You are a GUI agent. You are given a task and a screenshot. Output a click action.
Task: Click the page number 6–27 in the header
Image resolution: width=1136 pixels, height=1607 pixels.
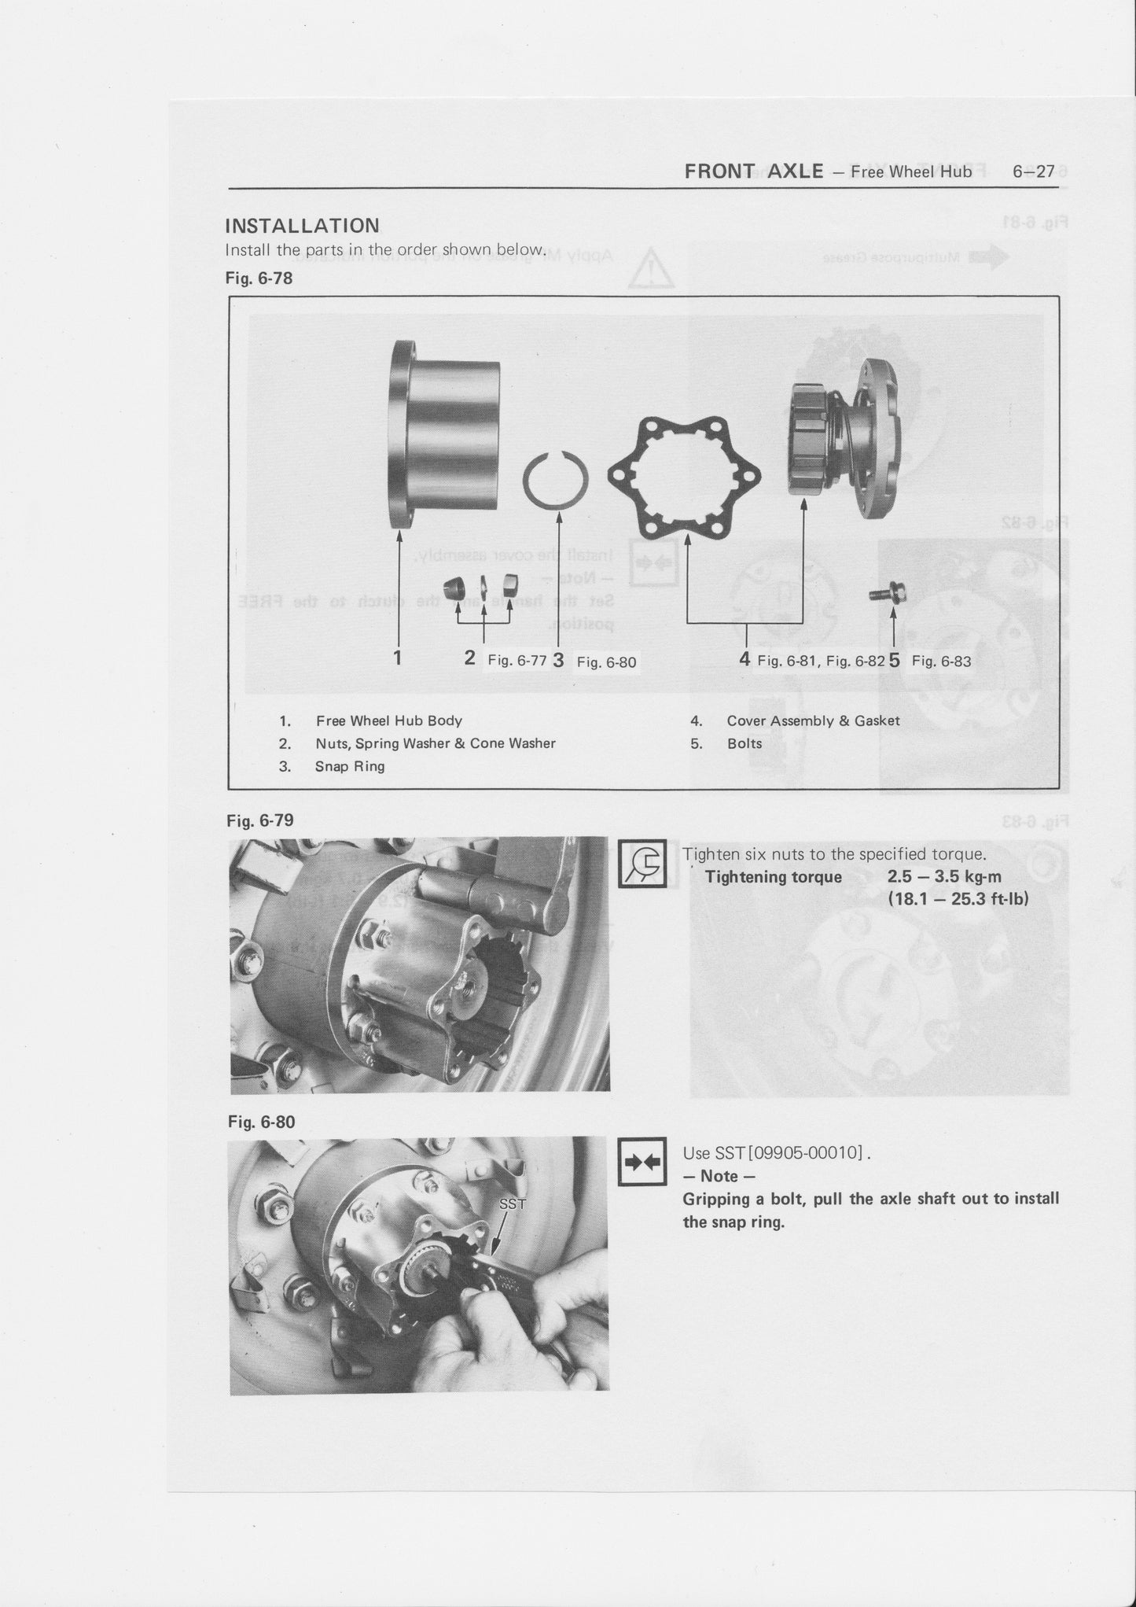(1033, 171)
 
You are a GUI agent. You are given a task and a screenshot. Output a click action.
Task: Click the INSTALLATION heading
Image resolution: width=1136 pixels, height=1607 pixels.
(302, 226)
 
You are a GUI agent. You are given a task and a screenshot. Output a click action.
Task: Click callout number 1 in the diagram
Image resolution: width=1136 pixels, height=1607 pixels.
(399, 658)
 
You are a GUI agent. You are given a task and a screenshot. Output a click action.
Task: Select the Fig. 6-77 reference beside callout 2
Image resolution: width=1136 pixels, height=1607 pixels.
(517, 661)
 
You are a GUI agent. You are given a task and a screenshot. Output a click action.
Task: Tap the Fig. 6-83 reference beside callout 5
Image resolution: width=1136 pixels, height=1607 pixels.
(941, 661)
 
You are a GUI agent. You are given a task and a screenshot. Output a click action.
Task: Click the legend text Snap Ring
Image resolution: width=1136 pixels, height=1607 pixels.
(350, 766)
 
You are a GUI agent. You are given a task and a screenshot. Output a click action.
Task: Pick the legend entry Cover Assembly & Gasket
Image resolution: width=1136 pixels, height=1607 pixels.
(813, 721)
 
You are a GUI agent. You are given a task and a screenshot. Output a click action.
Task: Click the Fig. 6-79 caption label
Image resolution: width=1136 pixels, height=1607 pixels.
(259, 820)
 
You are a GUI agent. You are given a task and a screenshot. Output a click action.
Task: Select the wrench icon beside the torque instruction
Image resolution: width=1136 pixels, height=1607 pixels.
(642, 865)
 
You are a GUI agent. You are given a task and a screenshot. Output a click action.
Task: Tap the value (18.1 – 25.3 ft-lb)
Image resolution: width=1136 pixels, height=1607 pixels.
(958, 897)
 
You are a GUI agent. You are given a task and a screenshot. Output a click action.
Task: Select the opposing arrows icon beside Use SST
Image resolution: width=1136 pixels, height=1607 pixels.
(642, 1162)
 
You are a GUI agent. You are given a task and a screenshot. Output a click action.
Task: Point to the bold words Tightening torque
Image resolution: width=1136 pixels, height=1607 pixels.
(773, 877)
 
